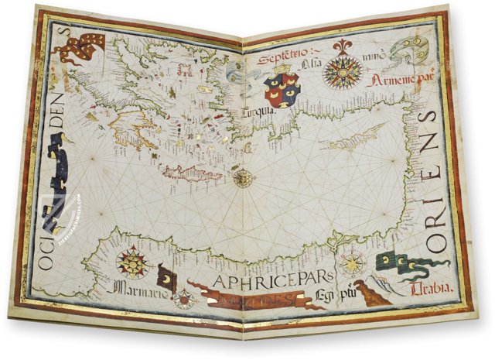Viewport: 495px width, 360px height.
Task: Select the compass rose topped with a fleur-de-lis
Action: (343, 70)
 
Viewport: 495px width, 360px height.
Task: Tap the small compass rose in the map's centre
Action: (244, 178)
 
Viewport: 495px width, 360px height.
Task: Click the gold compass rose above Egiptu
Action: (352, 263)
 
